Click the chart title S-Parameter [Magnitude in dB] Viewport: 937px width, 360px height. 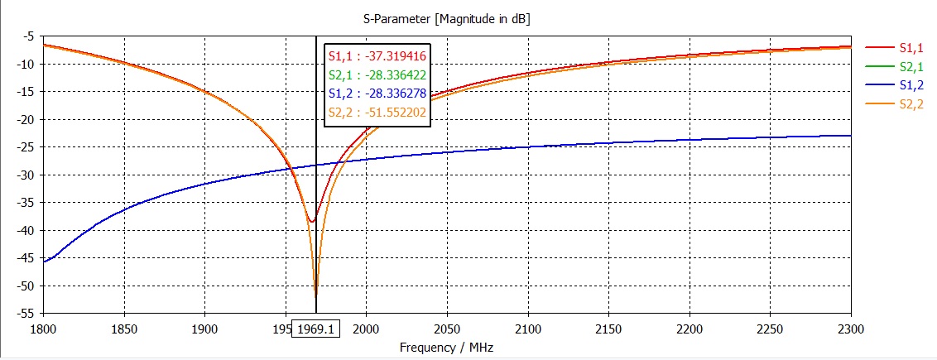[x=447, y=17]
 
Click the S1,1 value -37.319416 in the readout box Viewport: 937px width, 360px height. [x=377, y=56]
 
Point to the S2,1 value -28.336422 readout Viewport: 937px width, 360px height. [x=377, y=77]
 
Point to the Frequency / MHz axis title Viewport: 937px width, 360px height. [x=447, y=348]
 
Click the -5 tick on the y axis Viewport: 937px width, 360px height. [x=28, y=36]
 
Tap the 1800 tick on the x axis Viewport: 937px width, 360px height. [x=43, y=328]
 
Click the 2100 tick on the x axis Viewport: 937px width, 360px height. [x=528, y=328]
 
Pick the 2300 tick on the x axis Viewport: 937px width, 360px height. [x=851, y=328]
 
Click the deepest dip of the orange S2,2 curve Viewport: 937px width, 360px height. [x=315, y=294]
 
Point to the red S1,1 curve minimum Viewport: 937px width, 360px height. [x=311, y=221]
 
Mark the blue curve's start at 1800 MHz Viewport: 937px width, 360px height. [x=44, y=262]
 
